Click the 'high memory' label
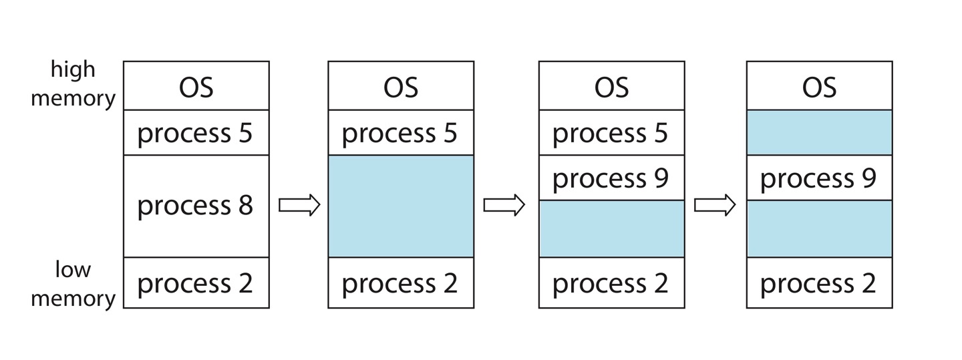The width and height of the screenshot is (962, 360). click(73, 84)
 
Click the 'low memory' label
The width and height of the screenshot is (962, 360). click(73, 284)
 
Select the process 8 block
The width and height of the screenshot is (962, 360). click(196, 206)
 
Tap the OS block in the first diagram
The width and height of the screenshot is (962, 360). click(196, 87)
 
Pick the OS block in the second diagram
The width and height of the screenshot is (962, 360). click(401, 87)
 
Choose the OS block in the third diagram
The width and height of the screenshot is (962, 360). click(611, 87)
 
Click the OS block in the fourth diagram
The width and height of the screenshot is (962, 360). click(819, 87)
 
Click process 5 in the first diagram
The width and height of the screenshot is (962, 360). click(196, 133)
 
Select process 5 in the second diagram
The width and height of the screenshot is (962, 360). click(401, 133)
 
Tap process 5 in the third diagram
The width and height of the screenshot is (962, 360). click(611, 133)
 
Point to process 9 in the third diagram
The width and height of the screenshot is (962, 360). click(611, 178)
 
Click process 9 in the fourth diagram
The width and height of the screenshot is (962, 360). click(819, 178)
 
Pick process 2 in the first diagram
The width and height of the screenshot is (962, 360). click(196, 283)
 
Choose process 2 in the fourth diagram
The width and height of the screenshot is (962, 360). click(819, 283)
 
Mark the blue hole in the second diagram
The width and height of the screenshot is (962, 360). click(401, 206)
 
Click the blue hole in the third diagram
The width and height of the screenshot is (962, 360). click(611, 228)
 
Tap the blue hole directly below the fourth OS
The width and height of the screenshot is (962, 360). click(819, 132)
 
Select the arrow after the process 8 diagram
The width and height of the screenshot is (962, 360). click(299, 206)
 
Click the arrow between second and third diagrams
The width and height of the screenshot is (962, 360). click(504, 206)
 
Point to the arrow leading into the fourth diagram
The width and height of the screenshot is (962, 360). click(715, 206)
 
